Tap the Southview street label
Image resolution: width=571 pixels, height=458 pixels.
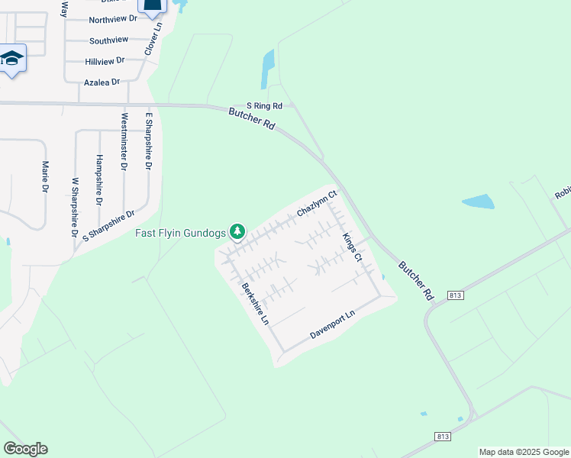[108, 40]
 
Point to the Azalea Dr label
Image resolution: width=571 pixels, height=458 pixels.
[102, 82]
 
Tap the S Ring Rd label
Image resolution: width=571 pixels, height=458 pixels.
[264, 106]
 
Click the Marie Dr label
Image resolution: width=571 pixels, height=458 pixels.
[45, 176]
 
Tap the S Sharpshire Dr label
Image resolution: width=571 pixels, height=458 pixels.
[108, 225]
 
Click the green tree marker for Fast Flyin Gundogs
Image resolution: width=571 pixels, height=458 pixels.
[238, 231]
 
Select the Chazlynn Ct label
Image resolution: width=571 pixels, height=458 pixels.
[317, 204]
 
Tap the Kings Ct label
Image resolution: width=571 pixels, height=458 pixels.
[352, 248]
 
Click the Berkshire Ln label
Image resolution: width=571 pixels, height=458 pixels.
[256, 304]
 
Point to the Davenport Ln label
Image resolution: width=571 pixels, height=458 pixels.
[333, 325]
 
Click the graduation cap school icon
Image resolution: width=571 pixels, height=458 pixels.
[13, 59]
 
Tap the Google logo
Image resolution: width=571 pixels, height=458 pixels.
[25, 448]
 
